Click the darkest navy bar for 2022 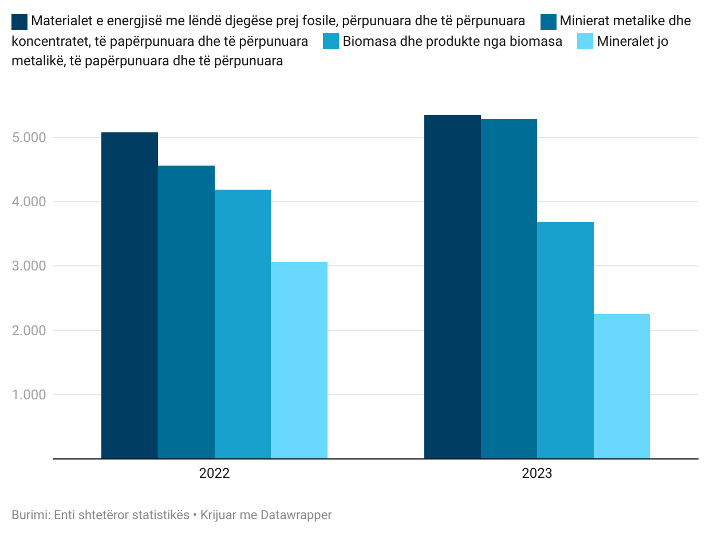pyautogui.click(x=129, y=296)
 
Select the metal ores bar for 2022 pyautogui.click(x=186, y=312)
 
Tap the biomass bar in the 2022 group pyautogui.click(x=243, y=324)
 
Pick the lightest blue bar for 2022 pyautogui.click(x=299, y=360)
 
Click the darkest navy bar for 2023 pyautogui.click(x=452, y=287)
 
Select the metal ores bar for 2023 pyautogui.click(x=509, y=289)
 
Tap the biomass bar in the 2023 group pyautogui.click(x=565, y=340)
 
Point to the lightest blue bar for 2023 pyautogui.click(x=622, y=386)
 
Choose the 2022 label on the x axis pyautogui.click(x=214, y=474)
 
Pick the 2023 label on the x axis pyautogui.click(x=537, y=474)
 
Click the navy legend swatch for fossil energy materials pyautogui.click(x=19, y=22)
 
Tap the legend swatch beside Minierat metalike pyautogui.click(x=549, y=22)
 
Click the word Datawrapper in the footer pyautogui.click(x=296, y=515)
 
